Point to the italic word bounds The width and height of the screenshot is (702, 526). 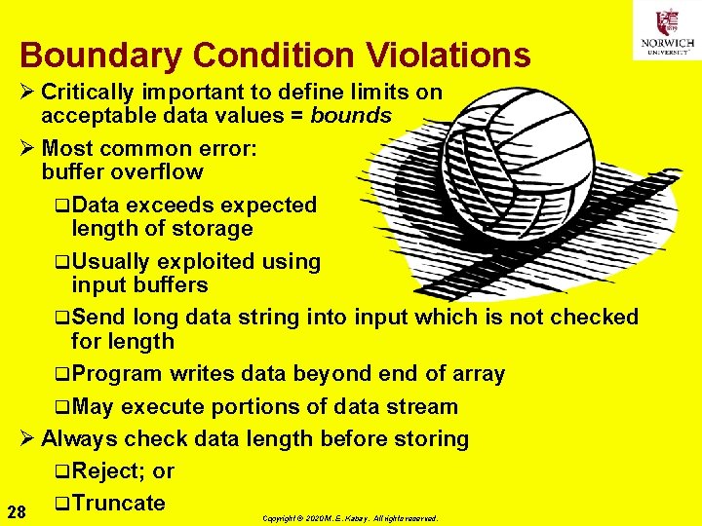[351, 116]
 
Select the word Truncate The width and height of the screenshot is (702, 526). [118, 503]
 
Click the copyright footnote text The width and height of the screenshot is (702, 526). [350, 518]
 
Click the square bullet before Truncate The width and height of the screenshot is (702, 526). [61, 504]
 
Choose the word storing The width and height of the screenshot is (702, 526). [431, 438]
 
